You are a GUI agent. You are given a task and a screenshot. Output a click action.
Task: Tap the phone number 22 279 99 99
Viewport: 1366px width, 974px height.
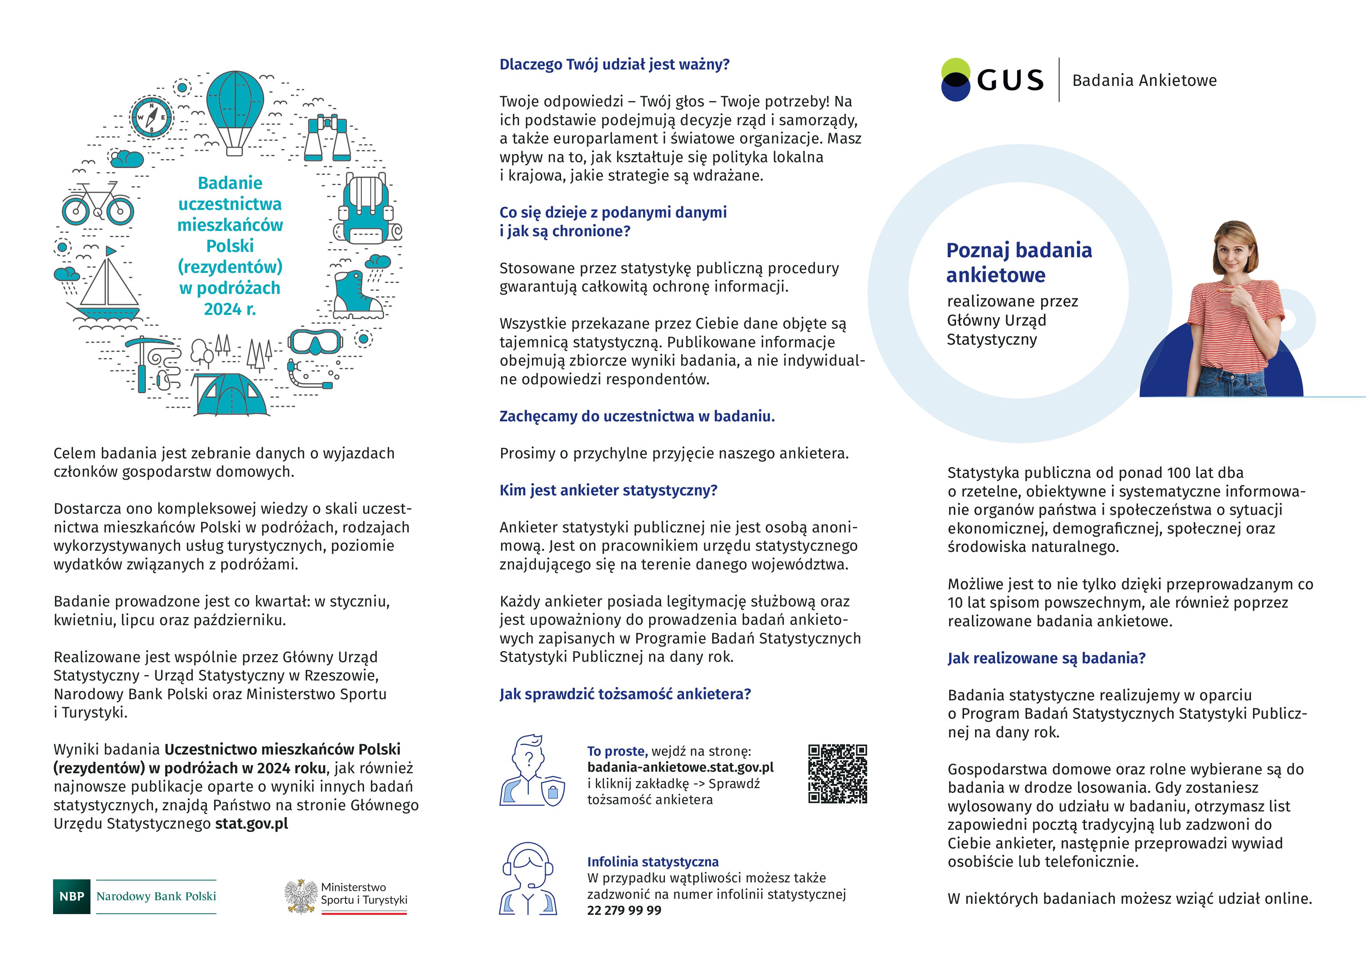(x=624, y=910)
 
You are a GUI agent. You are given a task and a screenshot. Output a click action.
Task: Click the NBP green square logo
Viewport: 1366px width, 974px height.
(x=71, y=897)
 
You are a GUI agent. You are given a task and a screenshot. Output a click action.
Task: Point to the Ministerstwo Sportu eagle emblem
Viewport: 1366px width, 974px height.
(x=301, y=897)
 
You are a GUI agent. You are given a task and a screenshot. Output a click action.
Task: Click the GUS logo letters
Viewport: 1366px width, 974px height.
(x=1010, y=81)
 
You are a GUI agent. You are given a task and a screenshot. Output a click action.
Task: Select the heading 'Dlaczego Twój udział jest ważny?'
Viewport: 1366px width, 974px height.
(x=614, y=64)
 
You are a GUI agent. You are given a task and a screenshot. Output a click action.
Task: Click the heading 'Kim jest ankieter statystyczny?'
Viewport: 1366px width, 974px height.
(x=608, y=490)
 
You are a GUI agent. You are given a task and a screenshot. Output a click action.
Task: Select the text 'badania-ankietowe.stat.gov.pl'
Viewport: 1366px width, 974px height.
(x=681, y=767)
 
